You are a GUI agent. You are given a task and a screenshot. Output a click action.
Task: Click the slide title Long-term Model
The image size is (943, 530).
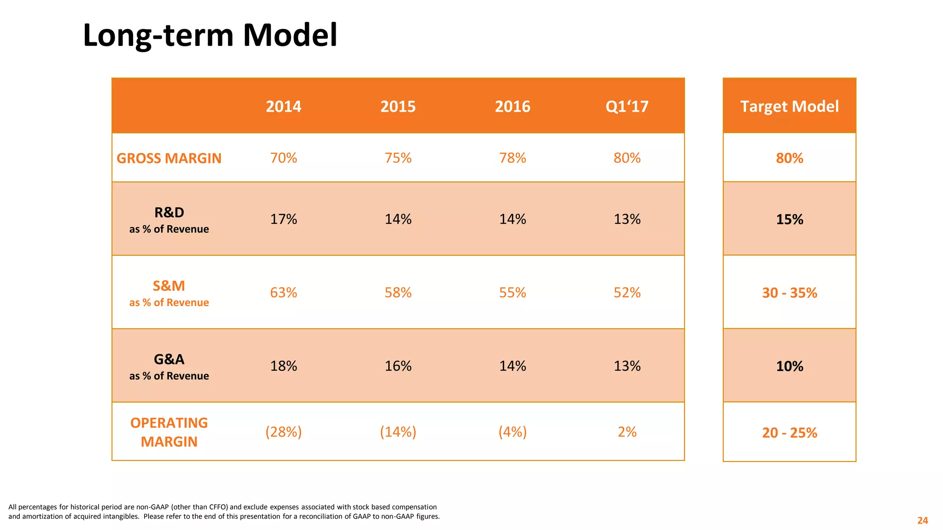click(x=210, y=35)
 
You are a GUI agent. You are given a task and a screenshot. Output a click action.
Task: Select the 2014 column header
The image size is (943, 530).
click(x=284, y=107)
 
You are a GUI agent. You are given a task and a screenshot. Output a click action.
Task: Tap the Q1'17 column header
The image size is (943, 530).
click(x=627, y=107)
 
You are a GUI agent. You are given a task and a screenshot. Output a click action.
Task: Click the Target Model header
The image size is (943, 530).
click(x=789, y=107)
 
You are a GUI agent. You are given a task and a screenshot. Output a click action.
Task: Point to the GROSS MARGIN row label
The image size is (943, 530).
click(x=169, y=158)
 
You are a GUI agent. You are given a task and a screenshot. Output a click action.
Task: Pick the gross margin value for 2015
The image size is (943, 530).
click(x=398, y=158)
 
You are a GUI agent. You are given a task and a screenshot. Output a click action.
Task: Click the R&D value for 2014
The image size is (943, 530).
click(x=284, y=219)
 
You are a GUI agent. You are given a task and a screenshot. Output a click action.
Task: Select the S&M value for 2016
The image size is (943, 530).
click(x=512, y=293)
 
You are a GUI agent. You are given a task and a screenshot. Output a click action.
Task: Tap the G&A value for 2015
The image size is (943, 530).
click(x=398, y=366)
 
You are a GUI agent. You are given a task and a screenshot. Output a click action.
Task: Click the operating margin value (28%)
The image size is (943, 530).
click(x=284, y=432)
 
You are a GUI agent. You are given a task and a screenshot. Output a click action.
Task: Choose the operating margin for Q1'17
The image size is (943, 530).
click(x=627, y=432)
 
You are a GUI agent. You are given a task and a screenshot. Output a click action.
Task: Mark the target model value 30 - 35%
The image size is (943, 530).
click(x=789, y=293)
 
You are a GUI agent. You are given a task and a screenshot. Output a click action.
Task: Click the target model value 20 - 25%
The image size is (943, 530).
click(x=789, y=433)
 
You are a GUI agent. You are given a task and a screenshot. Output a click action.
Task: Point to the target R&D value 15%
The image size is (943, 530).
click(x=789, y=219)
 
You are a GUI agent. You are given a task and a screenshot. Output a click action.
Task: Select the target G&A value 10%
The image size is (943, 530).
click(x=789, y=366)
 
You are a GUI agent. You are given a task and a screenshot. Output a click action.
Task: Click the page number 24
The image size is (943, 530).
click(x=922, y=520)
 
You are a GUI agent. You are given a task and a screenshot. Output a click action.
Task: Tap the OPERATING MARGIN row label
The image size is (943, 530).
click(x=169, y=432)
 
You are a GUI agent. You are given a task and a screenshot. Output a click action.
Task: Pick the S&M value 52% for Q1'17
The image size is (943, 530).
click(x=627, y=293)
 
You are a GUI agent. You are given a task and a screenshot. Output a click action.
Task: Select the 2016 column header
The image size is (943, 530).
click(x=512, y=107)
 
